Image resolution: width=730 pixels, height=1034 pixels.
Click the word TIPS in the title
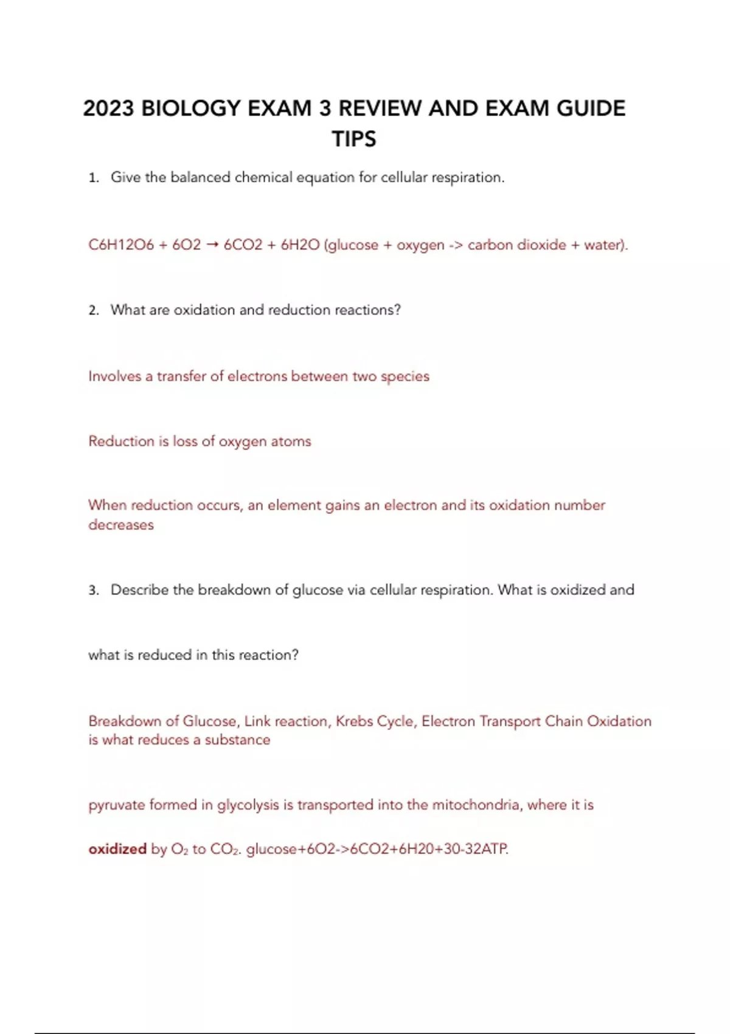pyautogui.click(x=354, y=139)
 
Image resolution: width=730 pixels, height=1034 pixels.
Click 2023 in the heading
pyautogui.click(x=108, y=108)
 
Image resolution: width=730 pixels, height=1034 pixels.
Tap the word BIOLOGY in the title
pyautogui.click(x=191, y=108)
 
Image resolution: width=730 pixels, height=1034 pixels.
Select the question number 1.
pyautogui.click(x=93, y=178)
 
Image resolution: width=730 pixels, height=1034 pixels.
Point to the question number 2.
pyautogui.click(x=93, y=311)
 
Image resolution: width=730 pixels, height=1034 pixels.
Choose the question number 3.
pyautogui.click(x=93, y=591)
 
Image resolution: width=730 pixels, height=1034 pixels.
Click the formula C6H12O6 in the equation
pyautogui.click(x=120, y=245)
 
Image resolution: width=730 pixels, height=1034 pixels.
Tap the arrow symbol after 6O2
pyautogui.click(x=212, y=245)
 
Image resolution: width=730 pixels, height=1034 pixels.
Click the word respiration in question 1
pyautogui.click(x=468, y=178)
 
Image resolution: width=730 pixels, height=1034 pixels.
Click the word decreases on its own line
pyautogui.click(x=121, y=525)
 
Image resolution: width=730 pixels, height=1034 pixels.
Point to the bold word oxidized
pyautogui.click(x=117, y=849)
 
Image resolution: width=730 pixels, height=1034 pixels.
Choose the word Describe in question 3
pyautogui.click(x=139, y=590)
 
